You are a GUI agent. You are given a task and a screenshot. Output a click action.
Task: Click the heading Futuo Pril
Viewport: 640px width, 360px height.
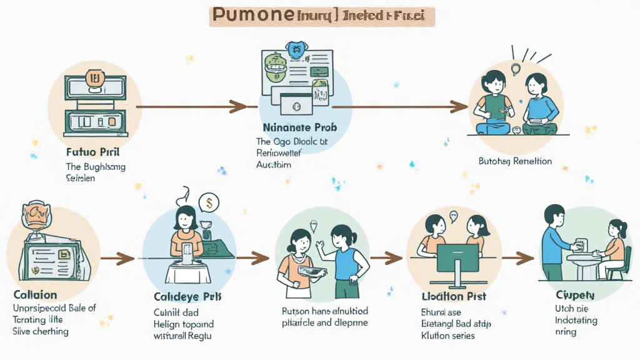92,152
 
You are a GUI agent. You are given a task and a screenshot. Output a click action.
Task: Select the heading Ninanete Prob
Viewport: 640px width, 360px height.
299,127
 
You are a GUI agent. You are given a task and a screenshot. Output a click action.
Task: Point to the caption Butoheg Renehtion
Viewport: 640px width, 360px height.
515,161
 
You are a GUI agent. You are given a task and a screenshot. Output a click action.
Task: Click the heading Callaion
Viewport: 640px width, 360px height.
35,294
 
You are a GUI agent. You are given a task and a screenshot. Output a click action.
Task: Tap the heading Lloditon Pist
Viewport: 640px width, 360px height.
454,296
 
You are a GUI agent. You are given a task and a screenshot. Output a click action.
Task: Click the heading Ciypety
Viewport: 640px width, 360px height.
574,294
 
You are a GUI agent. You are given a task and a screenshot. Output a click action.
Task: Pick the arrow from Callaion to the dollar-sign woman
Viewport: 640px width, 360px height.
117,257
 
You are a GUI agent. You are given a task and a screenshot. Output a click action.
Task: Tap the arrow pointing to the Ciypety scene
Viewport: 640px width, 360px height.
517,257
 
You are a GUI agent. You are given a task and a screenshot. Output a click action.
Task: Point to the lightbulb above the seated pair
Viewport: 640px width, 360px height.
516,69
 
